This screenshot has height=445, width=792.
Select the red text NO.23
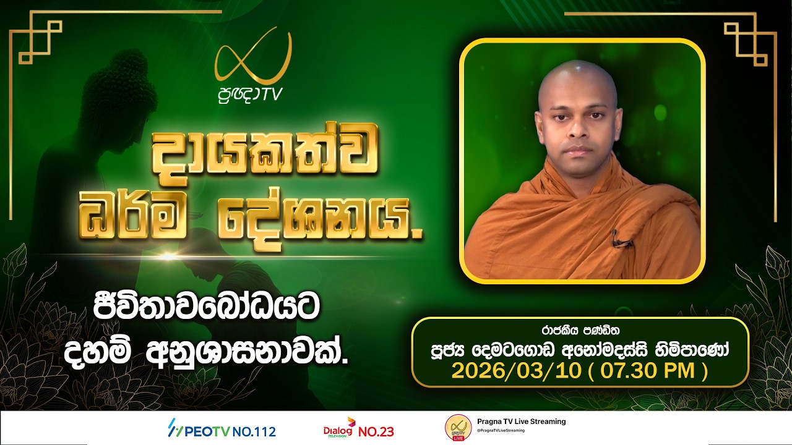pyautogui.click(x=376, y=431)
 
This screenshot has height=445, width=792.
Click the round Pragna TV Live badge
pyautogui.click(x=458, y=428)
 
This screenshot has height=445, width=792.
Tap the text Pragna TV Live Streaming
pyautogui.click(x=521, y=422)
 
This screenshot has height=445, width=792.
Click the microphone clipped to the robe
pyautogui.click(x=615, y=237)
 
